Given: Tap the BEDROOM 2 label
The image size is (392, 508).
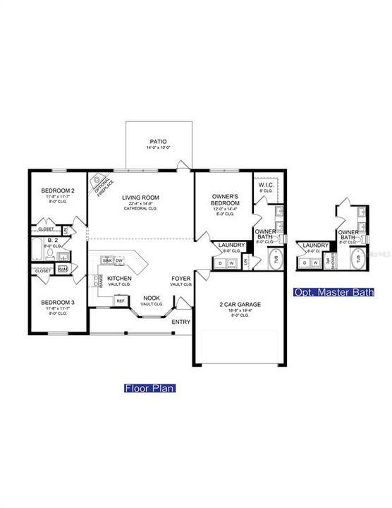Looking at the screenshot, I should [57, 191].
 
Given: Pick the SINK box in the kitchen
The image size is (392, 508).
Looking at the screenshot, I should [108, 260].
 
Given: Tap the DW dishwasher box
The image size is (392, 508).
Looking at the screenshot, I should [120, 260].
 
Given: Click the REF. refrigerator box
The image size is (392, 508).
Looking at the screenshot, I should [121, 301].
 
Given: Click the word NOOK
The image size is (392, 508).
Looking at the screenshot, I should [151, 298].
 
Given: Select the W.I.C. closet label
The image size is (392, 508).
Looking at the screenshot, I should [267, 186].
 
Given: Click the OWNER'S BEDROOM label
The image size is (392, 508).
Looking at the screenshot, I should [227, 200].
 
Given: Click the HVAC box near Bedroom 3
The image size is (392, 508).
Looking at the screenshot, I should [63, 269].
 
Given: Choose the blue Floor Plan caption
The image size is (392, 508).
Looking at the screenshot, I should [149, 387].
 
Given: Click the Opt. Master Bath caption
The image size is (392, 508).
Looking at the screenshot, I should [333, 291].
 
